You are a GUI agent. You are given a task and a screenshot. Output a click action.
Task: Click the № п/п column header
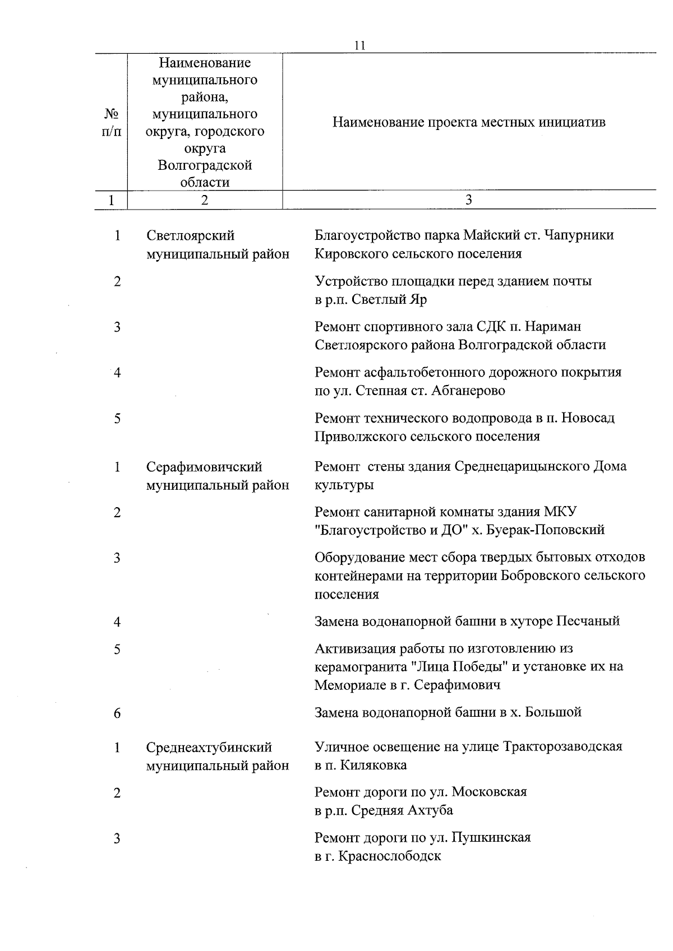(111, 122)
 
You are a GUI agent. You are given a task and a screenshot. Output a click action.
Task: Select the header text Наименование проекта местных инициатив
(469, 122)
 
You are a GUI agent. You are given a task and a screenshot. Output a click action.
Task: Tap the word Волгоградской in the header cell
(205, 165)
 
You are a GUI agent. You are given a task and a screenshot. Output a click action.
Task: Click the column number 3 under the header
(469, 200)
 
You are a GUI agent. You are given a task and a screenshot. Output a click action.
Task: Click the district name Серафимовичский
(204, 467)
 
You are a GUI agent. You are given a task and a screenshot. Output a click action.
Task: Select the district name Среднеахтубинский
(209, 747)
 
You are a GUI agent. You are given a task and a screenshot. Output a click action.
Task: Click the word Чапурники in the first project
(582, 235)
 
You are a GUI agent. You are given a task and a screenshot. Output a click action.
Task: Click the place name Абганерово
(468, 391)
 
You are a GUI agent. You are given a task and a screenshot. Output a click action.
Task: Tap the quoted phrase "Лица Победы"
(463, 667)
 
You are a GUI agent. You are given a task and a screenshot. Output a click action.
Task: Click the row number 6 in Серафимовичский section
(117, 713)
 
